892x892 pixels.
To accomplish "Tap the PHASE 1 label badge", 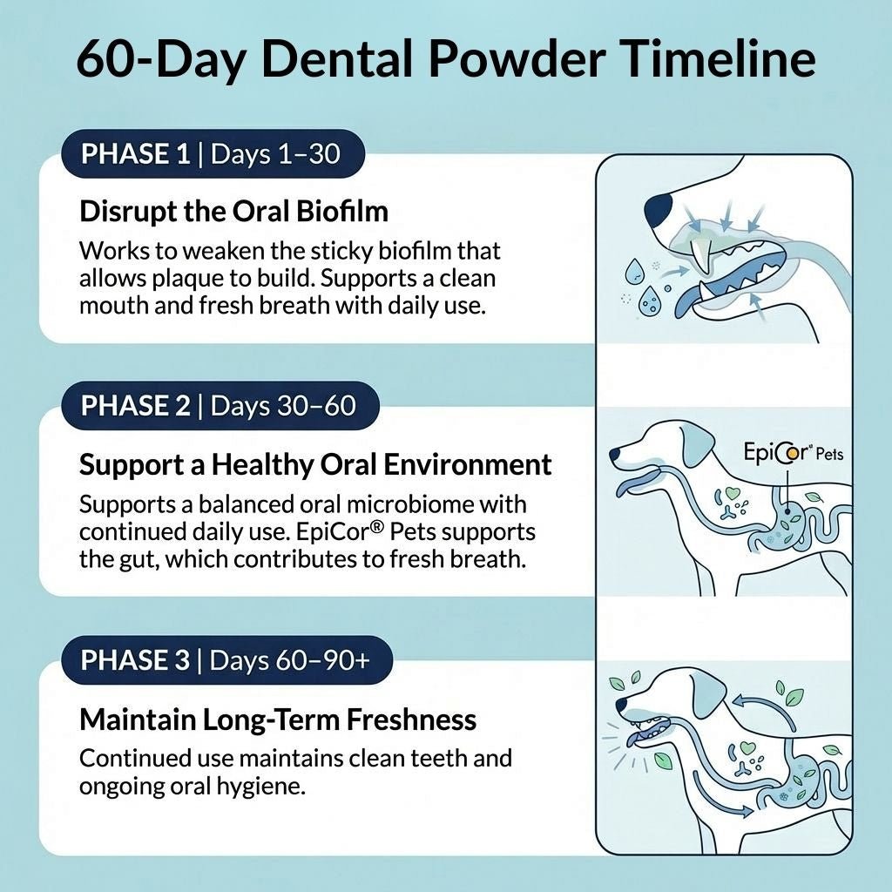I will click(135, 156).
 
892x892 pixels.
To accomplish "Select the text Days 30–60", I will click(283, 405).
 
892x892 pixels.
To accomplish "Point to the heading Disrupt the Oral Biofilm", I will click(233, 211).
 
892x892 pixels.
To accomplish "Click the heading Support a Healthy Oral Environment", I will click(315, 464).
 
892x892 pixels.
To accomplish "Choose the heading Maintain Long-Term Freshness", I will click(278, 720).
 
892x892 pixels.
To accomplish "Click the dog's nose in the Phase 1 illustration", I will click(659, 208).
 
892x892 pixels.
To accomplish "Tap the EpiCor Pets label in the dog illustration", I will click(793, 453).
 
